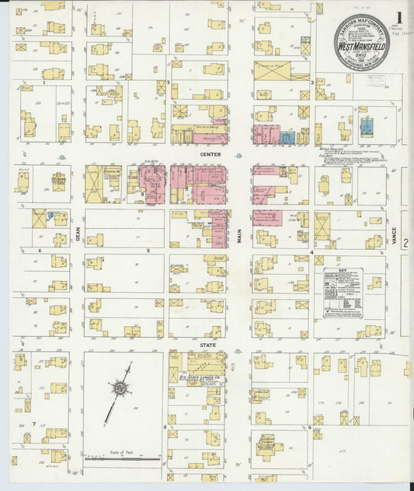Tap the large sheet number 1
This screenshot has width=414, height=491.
tap(399, 17)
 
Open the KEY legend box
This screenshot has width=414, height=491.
tap(343, 293)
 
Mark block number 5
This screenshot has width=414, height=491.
tap(148, 251)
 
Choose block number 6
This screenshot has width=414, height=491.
tap(39, 251)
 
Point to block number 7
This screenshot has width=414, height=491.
tap(34, 423)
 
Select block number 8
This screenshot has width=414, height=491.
tap(164, 427)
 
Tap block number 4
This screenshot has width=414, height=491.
tap(311, 252)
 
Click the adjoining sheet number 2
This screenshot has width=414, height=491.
tap(405, 243)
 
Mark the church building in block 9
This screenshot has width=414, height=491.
tap(271, 444)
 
